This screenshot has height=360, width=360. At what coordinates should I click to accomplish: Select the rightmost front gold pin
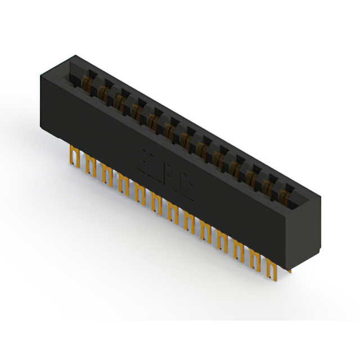coord(273,271)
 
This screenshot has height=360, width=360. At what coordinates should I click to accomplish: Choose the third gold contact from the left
coord(120,100)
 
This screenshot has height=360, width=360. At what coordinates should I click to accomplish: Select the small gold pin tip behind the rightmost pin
coord(289,271)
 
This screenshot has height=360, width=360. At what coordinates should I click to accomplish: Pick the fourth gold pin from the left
coord(123,183)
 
